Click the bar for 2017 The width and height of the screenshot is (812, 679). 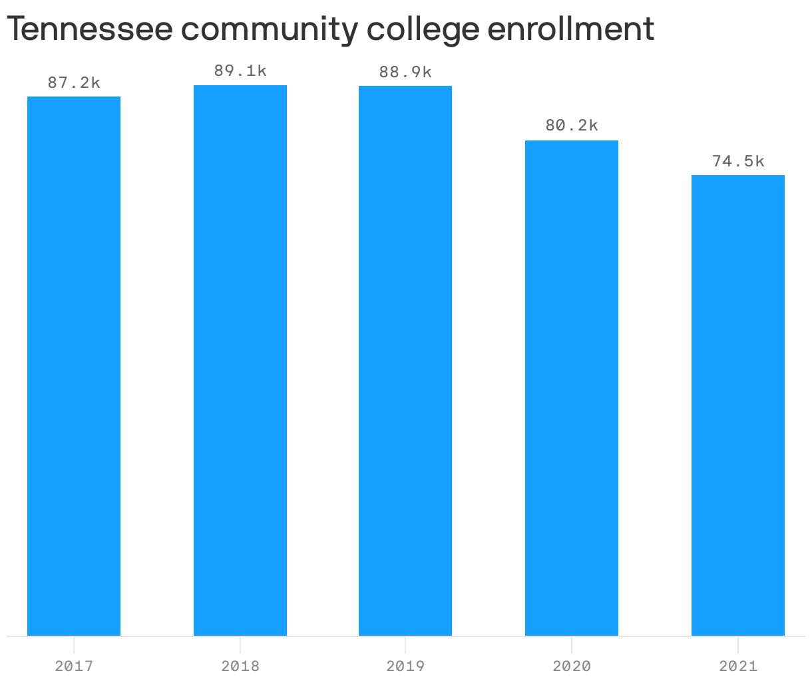[x=74, y=366]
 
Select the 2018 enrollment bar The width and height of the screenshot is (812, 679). [x=240, y=360]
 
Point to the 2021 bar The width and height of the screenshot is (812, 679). [x=738, y=405]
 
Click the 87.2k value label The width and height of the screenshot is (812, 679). [x=74, y=83]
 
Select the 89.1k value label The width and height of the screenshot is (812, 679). [x=240, y=71]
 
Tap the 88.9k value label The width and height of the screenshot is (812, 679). [x=405, y=73]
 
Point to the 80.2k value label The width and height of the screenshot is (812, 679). [x=572, y=125]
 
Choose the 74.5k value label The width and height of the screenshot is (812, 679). [x=738, y=161]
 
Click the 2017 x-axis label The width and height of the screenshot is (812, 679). [x=74, y=666]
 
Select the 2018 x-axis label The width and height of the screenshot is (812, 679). [x=240, y=666]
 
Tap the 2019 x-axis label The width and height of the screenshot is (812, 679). [x=405, y=666]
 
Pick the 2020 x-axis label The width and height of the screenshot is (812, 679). [x=572, y=666]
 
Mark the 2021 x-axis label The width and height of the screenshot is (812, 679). [x=738, y=666]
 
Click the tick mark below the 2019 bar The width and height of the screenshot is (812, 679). [x=405, y=643]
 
